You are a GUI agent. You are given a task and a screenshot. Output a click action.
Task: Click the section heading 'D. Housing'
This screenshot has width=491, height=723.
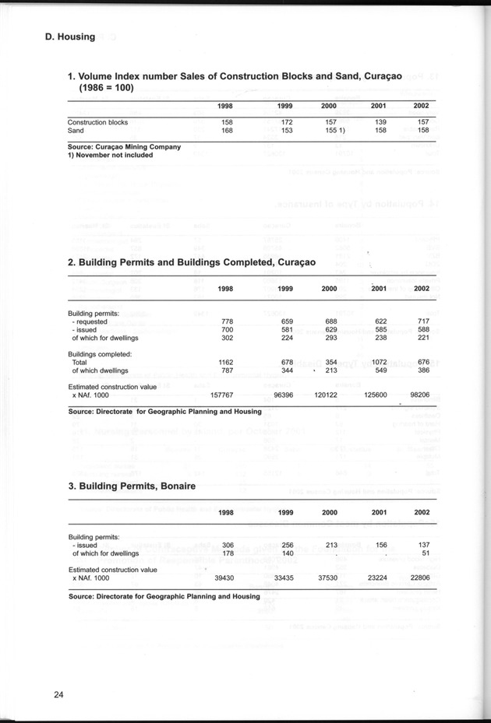[70, 37]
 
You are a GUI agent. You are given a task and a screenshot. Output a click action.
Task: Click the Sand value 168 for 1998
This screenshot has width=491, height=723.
[228, 131]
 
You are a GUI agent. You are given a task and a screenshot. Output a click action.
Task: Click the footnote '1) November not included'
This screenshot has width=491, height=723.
[110, 155]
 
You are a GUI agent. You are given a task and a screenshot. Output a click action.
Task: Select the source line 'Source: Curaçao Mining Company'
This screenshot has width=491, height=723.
[124, 146]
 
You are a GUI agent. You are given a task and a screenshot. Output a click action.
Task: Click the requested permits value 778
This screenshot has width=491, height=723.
[228, 321]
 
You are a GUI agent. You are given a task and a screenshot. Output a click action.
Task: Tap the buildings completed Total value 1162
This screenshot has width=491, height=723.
[226, 362]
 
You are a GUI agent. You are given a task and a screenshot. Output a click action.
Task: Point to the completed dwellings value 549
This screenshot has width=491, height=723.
[380, 370]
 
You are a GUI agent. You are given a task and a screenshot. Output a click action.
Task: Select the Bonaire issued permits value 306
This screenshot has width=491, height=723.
[228, 545]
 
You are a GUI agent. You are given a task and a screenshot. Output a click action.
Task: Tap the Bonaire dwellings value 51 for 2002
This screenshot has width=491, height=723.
[425, 553]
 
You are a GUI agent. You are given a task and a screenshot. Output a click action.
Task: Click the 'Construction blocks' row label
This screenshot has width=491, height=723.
[97, 123]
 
